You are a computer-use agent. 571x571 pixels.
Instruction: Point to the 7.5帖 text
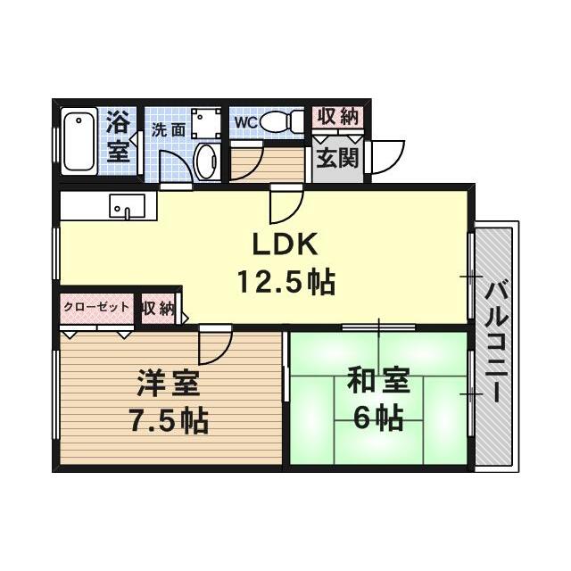tap(167, 418)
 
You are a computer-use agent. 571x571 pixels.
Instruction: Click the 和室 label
tap(378, 381)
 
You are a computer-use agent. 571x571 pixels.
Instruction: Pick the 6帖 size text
tap(377, 416)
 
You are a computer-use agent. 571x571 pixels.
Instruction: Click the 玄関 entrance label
tap(337, 160)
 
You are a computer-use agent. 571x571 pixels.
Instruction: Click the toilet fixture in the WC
tap(282, 121)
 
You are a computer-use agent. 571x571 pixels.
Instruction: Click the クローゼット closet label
tap(96, 307)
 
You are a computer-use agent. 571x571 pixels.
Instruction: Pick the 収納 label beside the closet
tap(157, 309)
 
